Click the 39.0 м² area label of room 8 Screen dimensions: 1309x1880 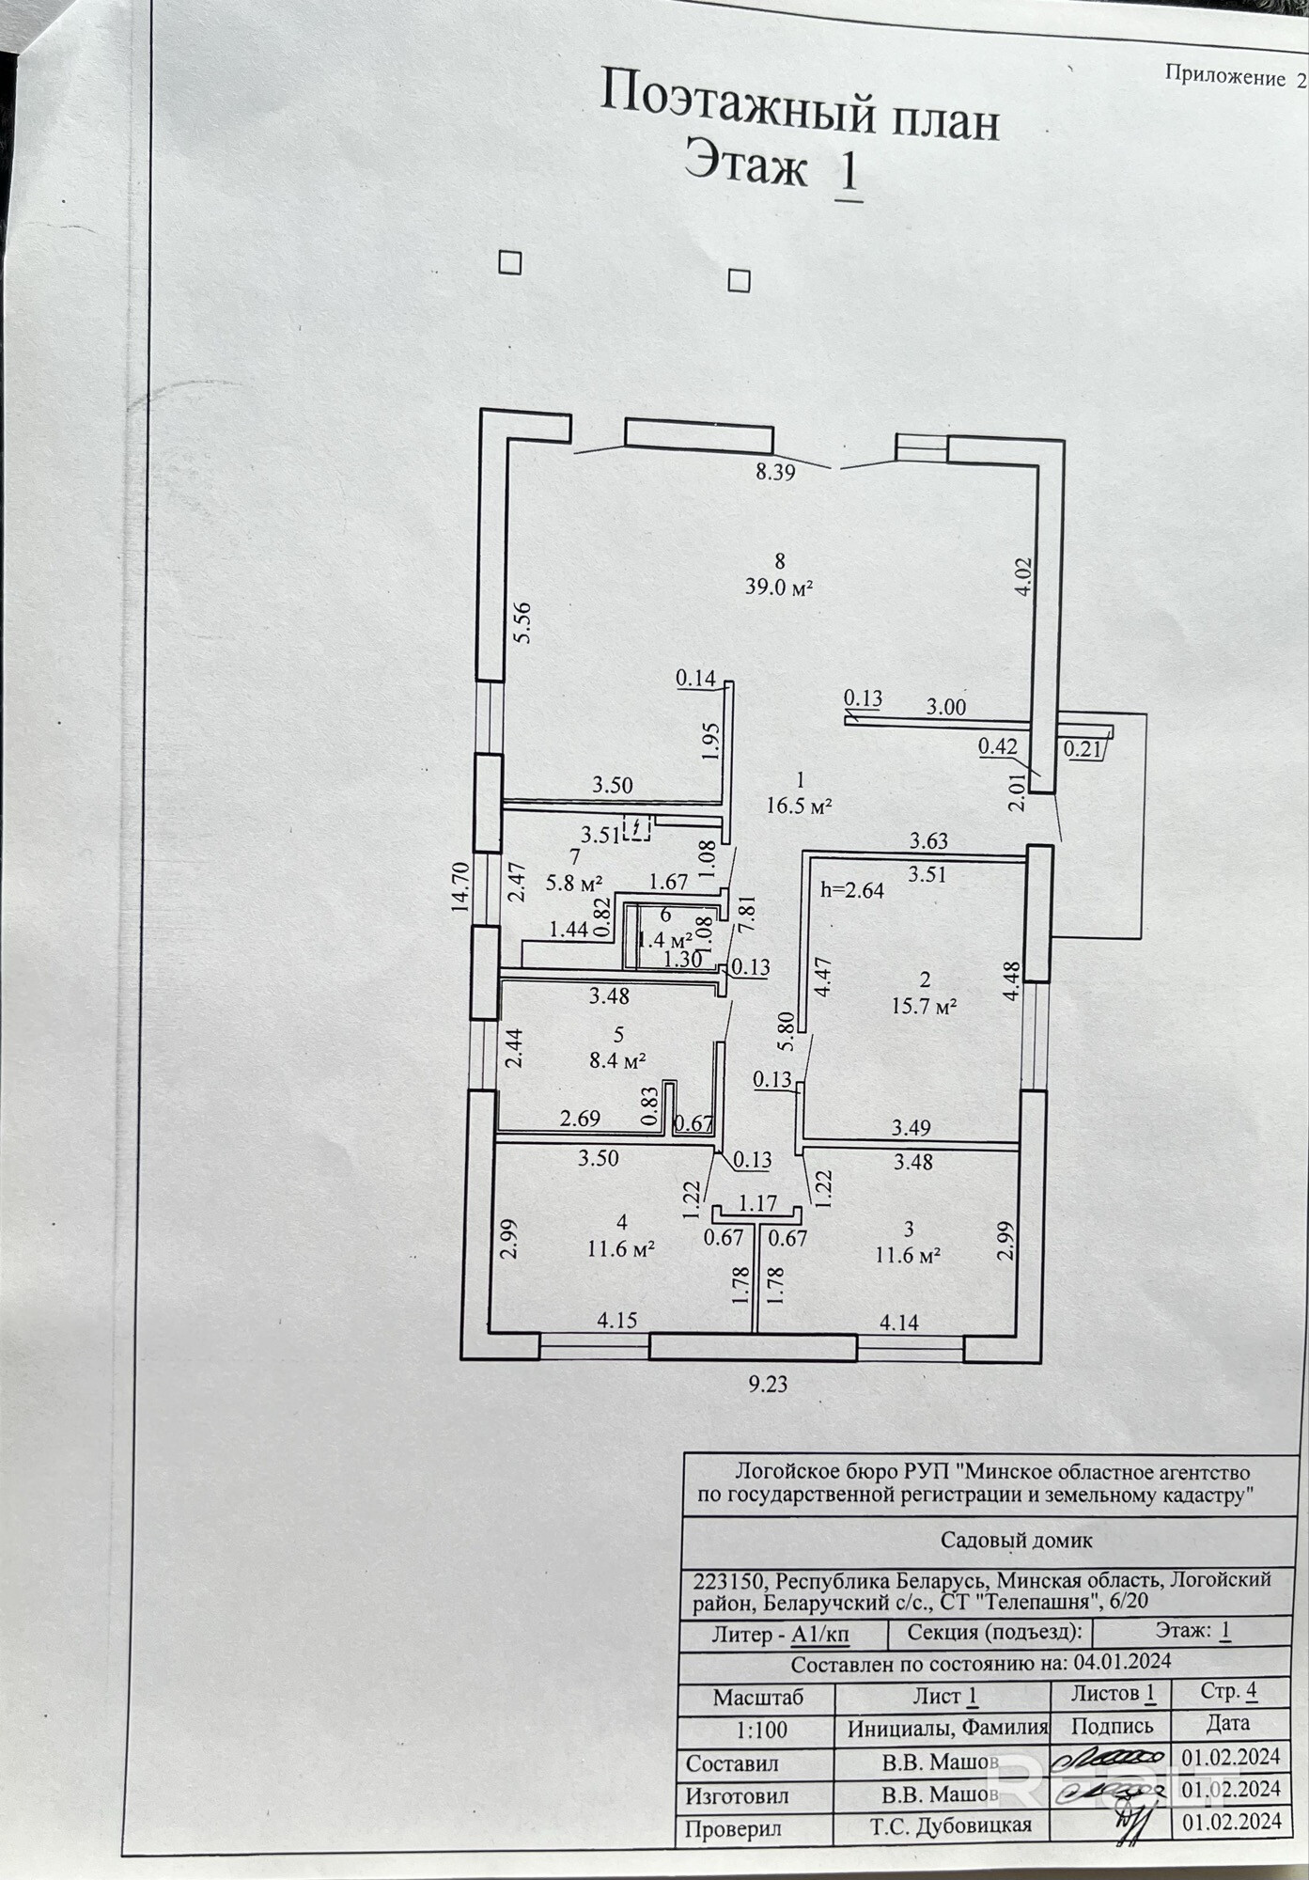pyautogui.click(x=777, y=587)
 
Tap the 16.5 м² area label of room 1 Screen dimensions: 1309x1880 pyautogui.click(x=800, y=806)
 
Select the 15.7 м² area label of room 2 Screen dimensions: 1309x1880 pyautogui.click(x=924, y=1007)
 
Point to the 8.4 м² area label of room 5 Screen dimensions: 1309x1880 pyautogui.click(x=616, y=1062)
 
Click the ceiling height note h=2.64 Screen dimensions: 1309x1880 pyautogui.click(x=852, y=890)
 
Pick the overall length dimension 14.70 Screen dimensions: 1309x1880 pyautogui.click(x=460, y=886)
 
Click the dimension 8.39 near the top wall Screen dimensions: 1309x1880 pyautogui.click(x=775, y=472)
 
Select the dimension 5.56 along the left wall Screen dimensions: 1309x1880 pyautogui.click(x=524, y=621)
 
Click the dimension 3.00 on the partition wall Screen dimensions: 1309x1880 pyautogui.click(x=945, y=707)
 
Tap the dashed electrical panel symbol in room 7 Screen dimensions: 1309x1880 pyautogui.click(x=638, y=829)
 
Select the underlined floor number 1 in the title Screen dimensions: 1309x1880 pyautogui.click(x=849, y=173)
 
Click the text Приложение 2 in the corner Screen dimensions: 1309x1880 pyautogui.click(x=1235, y=77)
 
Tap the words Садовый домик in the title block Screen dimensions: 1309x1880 pyautogui.click(x=1017, y=1541)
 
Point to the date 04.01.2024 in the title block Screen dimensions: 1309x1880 pyautogui.click(x=1122, y=1662)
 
